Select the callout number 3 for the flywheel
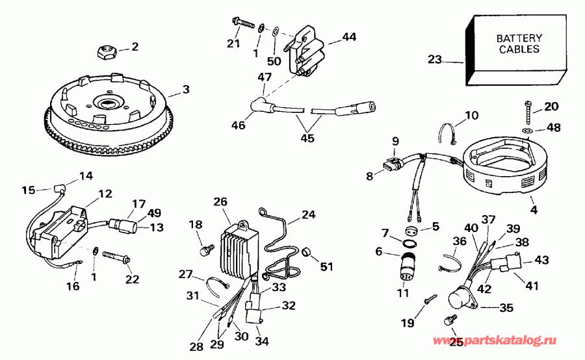click(x=187, y=89)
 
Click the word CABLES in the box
click(x=519, y=49)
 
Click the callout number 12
click(x=105, y=193)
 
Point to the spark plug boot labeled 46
click(x=260, y=107)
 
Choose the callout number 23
click(x=434, y=60)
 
